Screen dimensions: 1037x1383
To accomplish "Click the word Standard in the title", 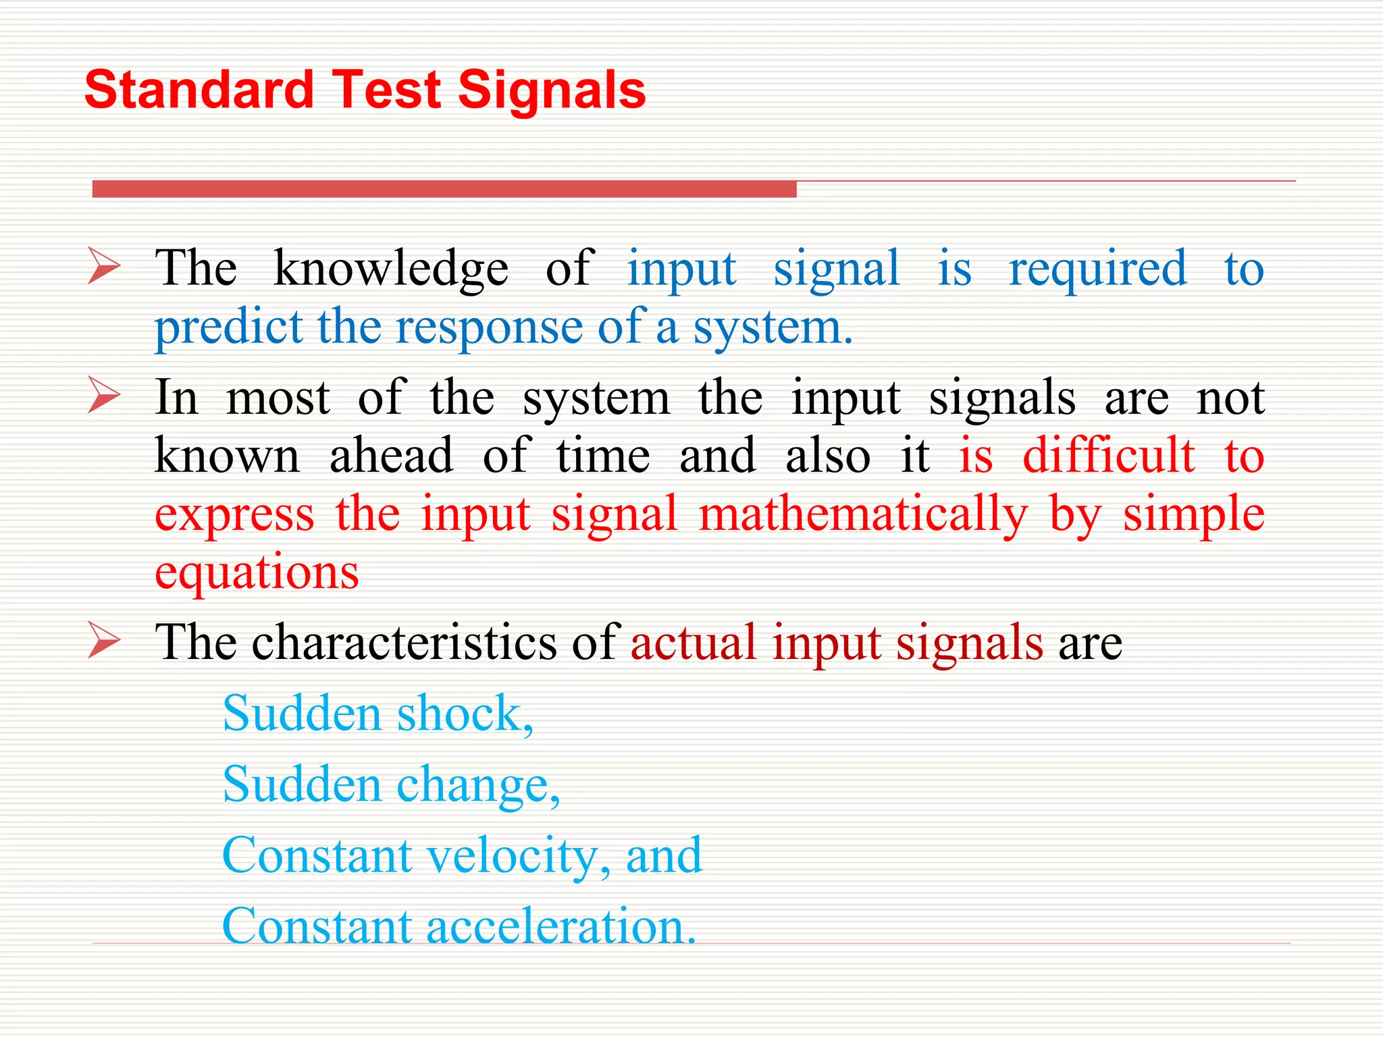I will click(x=199, y=90).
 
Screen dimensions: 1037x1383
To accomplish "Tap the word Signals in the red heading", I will click(x=552, y=90).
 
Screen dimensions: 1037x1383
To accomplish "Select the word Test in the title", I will click(x=386, y=90).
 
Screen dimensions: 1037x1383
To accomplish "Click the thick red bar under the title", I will click(x=444, y=189).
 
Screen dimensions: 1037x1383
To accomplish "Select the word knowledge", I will click(x=391, y=269).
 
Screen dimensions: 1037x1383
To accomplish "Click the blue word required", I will click(x=1097, y=269).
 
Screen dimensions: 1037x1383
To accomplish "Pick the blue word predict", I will click(x=228, y=327).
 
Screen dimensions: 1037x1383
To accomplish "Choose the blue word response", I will click(x=489, y=327).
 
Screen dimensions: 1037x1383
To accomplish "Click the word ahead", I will click(x=391, y=455).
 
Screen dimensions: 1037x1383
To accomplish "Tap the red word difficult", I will click(x=1108, y=455).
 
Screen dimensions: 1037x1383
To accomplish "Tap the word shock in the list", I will click(x=465, y=714).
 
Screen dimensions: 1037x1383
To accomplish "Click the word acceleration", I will click(x=560, y=926).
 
